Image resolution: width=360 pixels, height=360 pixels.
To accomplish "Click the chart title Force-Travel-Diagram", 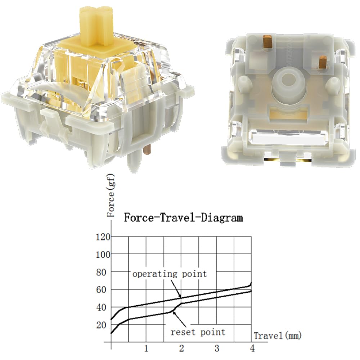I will tap(183, 218).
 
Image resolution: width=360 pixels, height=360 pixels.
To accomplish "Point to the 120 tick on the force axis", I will tap(103, 237).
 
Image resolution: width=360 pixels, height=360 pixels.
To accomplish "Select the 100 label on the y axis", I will tap(103, 255).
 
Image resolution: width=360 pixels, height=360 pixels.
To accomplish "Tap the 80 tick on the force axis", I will tap(104, 272).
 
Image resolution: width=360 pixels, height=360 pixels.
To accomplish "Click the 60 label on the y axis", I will tap(104, 290).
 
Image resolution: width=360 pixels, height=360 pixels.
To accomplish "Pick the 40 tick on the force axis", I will tap(104, 307).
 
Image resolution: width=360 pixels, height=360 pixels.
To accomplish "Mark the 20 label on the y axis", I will tap(104, 325).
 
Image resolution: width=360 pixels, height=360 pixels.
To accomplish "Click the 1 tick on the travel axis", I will tap(146, 348).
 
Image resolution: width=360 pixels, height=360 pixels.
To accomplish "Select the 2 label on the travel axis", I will tap(181, 348).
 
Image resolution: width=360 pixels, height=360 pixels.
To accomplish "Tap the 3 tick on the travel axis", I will tap(217, 348).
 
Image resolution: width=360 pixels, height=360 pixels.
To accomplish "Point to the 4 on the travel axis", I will tap(252, 348).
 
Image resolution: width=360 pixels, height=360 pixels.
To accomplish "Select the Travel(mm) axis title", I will tap(277, 336).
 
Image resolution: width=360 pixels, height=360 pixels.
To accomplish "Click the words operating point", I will tap(170, 274).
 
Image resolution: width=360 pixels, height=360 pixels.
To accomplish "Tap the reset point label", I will tap(198, 332).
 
